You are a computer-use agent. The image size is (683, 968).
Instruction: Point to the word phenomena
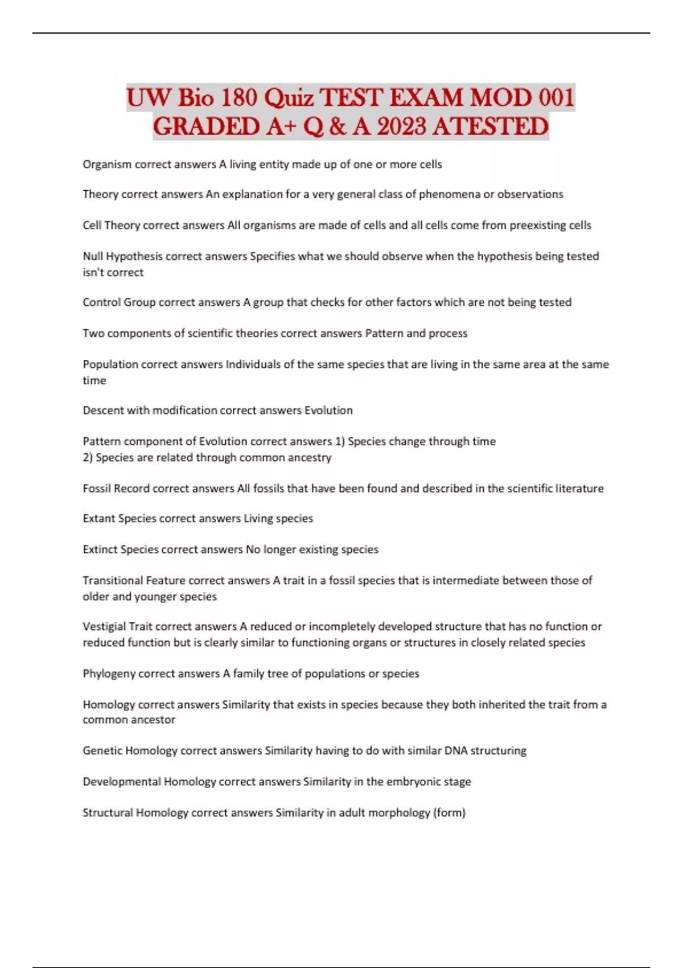tap(450, 194)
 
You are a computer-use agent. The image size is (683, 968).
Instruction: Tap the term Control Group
tap(119, 302)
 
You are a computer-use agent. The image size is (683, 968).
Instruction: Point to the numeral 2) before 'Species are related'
tap(88, 457)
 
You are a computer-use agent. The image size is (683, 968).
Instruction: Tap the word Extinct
tap(100, 549)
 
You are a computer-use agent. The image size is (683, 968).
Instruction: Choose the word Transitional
tap(113, 581)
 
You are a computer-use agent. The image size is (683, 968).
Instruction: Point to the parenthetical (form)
tap(450, 813)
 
